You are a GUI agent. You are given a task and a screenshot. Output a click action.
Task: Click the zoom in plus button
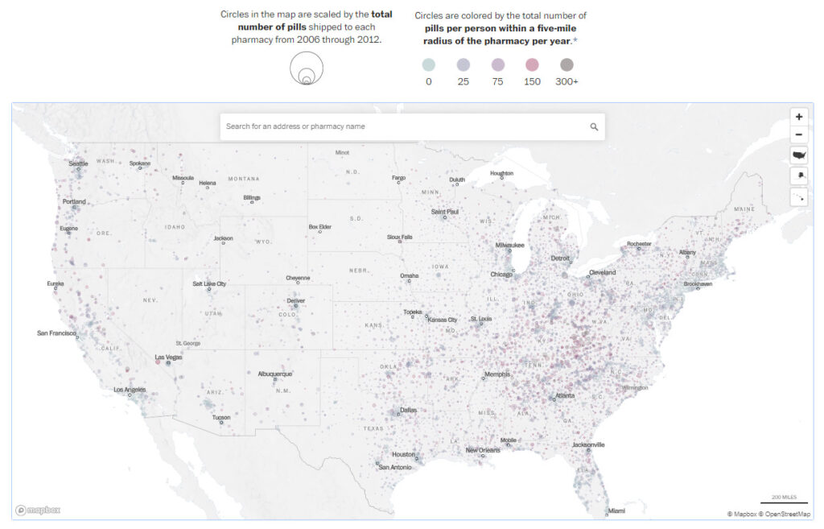tap(798, 117)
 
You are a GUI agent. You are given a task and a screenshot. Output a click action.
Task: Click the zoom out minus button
tap(798, 135)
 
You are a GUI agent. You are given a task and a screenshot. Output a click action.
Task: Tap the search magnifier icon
tap(594, 126)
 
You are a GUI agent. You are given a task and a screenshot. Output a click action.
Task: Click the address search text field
tap(402, 126)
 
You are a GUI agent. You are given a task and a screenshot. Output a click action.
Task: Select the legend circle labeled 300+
tap(566, 65)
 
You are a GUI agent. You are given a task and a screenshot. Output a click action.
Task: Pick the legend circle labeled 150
tap(532, 65)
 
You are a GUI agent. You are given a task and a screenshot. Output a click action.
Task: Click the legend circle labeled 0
tap(428, 65)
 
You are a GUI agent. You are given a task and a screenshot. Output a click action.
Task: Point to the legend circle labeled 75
tap(497, 65)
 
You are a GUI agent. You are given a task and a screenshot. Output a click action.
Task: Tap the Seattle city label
tap(78, 163)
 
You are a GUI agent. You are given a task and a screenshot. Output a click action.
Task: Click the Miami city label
tap(616, 510)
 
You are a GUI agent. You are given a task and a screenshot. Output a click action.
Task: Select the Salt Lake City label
tap(209, 283)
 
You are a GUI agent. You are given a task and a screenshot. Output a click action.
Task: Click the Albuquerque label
tap(275, 374)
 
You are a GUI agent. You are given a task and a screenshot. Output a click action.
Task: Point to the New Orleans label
tap(483, 450)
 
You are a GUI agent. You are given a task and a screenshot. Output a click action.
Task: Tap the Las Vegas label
tap(168, 357)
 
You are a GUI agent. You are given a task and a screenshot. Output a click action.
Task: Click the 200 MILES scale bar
tap(784, 499)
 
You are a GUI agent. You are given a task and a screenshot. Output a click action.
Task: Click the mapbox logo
tap(38, 510)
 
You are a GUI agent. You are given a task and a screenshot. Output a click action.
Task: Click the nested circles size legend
tap(307, 68)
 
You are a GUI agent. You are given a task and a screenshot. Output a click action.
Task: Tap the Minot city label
tap(342, 152)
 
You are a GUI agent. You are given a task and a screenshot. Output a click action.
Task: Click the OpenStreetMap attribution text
tap(788, 514)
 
